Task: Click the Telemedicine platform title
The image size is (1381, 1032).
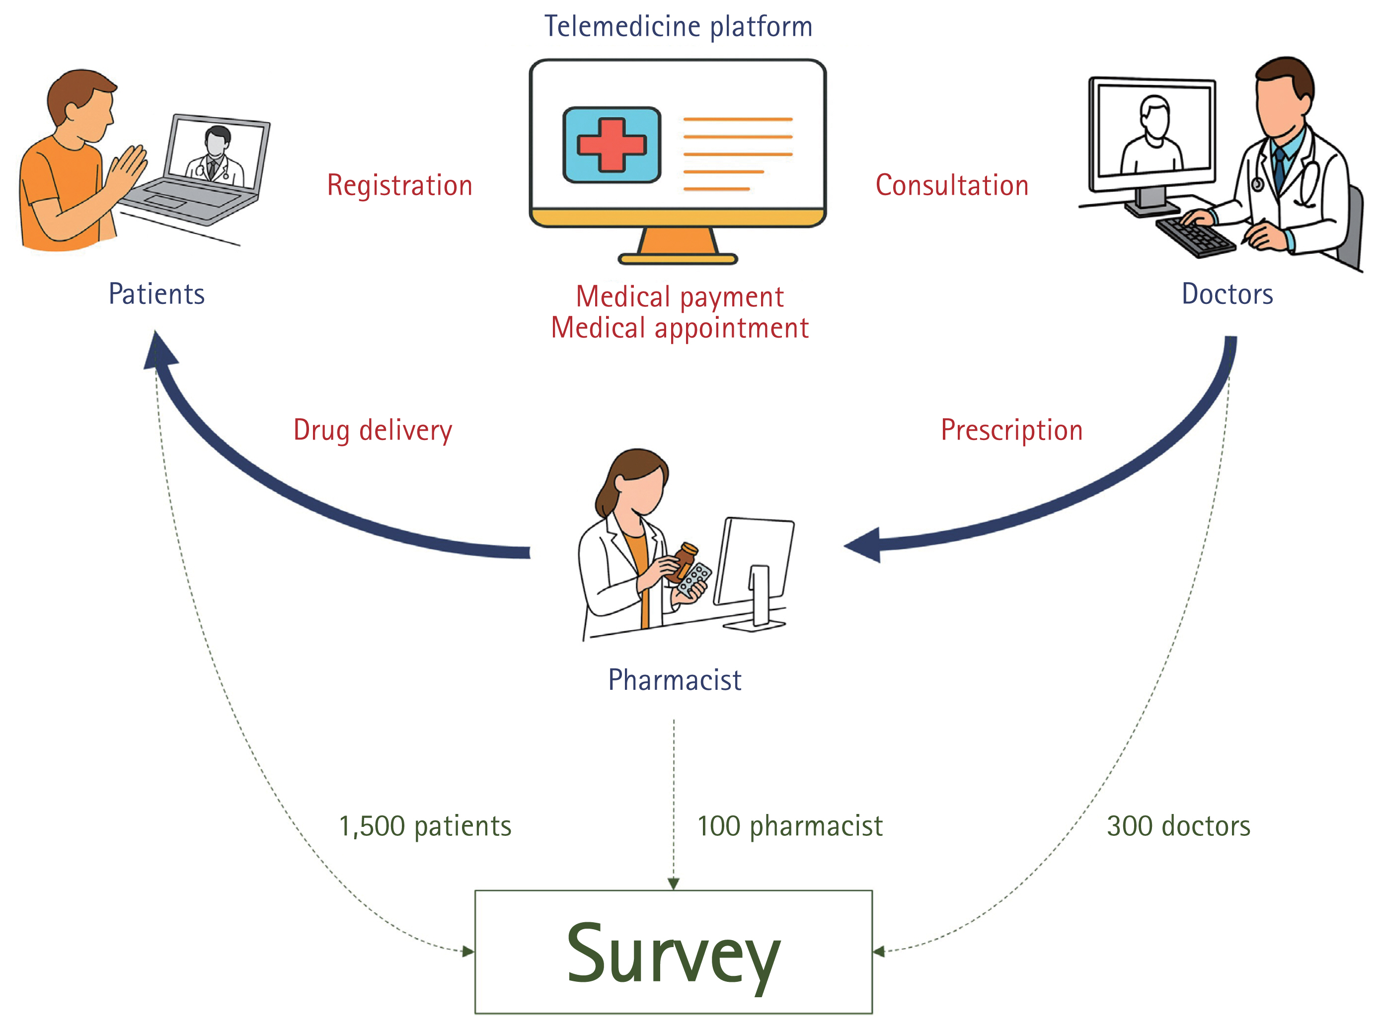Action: tap(679, 26)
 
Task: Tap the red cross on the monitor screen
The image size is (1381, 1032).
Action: tap(611, 145)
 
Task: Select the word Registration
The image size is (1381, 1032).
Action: tap(399, 185)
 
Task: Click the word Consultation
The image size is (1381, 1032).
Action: tap(952, 185)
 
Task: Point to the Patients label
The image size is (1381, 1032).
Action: tap(156, 294)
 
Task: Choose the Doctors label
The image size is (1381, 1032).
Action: tap(1228, 294)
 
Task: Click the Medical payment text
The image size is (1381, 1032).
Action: tap(679, 296)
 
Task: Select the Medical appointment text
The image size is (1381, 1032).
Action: tap(679, 328)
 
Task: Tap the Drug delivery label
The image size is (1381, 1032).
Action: tap(373, 430)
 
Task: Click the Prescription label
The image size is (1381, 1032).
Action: tap(1011, 430)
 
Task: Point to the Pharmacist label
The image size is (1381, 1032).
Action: tap(675, 680)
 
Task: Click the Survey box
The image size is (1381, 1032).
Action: tap(673, 952)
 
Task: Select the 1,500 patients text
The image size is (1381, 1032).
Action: tap(425, 826)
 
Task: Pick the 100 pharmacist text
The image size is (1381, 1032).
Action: tap(790, 826)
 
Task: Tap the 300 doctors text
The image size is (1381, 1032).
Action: tap(1179, 826)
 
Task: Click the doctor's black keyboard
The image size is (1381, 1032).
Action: tap(1194, 236)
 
